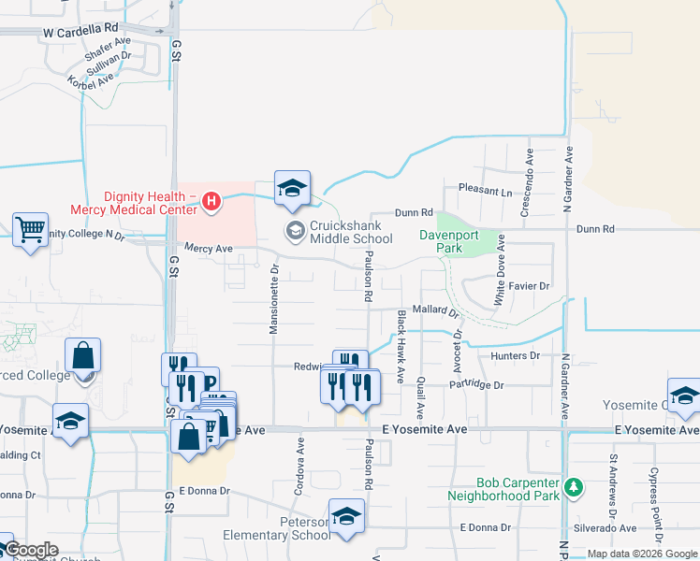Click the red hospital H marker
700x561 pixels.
tap(212, 201)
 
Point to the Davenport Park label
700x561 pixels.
tap(441, 242)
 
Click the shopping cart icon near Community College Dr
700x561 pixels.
tap(31, 228)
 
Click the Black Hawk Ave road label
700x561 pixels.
tap(401, 347)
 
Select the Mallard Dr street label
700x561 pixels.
tap(435, 309)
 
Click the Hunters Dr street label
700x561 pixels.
tap(516, 356)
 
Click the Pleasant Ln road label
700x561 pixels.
tap(486, 191)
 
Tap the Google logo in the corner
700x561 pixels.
tap(30, 551)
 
